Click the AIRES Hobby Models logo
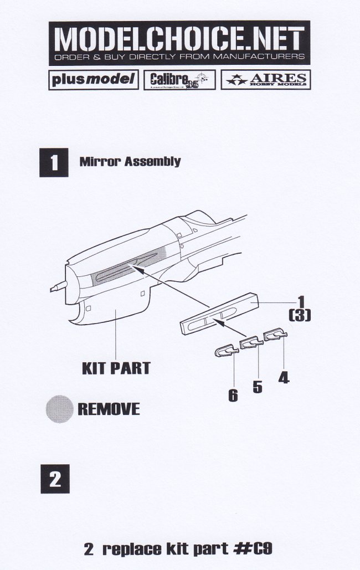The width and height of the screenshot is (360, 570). pos(264,80)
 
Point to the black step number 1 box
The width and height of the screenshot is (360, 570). pos(54,162)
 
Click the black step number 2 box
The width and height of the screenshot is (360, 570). pos(54,479)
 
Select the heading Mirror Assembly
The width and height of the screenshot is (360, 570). pos(130,162)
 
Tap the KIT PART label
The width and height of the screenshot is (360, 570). pos(116,368)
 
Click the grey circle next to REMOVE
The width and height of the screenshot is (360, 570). pos(58,409)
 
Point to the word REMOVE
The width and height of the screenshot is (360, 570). pos(108,409)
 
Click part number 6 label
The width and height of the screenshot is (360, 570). pos(233,396)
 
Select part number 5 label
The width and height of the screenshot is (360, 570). pos(257,386)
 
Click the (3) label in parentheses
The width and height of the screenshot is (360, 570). pos(300,316)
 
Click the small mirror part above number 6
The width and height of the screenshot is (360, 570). pos(227,350)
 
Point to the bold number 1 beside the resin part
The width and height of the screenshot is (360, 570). pos(300,303)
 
